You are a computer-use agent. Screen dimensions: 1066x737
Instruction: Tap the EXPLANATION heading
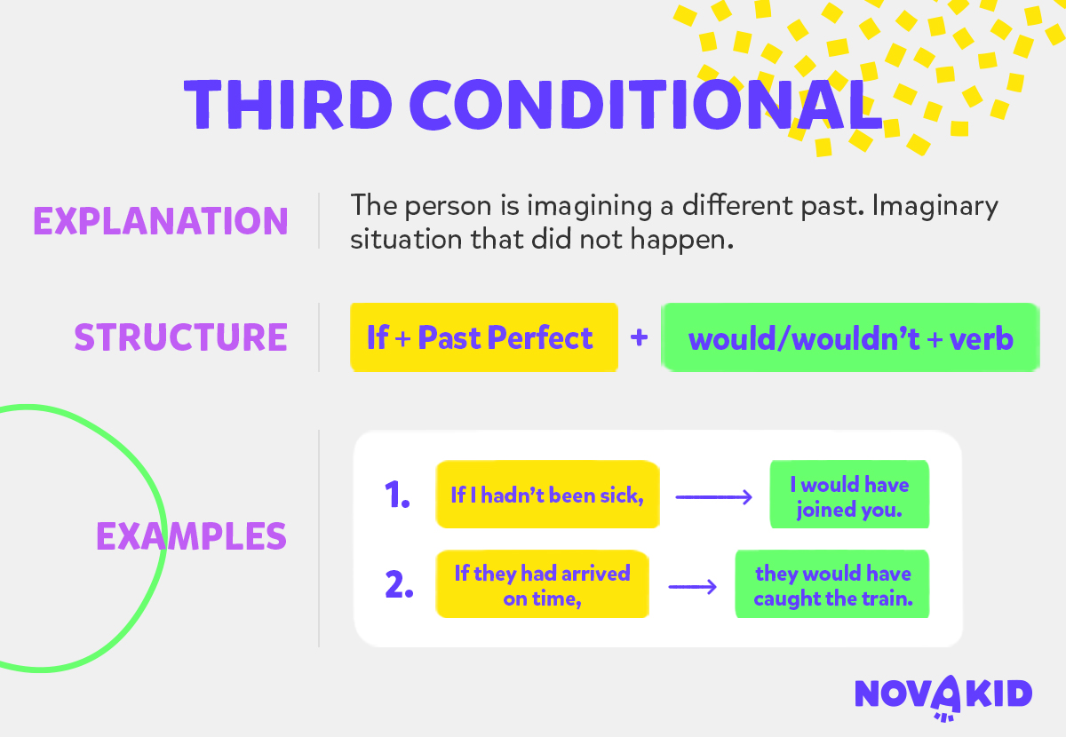point(161,221)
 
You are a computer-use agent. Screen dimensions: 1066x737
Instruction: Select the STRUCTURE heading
point(181,337)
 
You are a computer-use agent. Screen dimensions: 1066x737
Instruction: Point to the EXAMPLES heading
point(191,535)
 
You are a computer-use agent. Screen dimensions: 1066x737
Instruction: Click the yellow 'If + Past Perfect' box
point(484,337)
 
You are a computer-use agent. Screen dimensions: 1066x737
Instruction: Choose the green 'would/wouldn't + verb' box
point(850,337)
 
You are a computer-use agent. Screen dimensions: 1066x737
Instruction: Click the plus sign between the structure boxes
point(639,337)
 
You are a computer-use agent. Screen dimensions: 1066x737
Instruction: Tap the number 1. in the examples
point(397,495)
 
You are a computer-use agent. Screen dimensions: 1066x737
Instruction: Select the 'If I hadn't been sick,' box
point(548,495)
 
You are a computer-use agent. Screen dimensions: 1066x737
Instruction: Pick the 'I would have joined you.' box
point(849,495)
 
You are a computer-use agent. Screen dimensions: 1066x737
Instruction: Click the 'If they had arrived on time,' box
point(543,584)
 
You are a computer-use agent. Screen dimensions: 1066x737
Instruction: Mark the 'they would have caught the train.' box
point(832,584)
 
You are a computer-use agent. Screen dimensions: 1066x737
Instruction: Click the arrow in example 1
point(714,497)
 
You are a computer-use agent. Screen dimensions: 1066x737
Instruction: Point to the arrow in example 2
point(692,587)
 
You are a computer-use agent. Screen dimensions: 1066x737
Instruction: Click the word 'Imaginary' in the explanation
point(935,207)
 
